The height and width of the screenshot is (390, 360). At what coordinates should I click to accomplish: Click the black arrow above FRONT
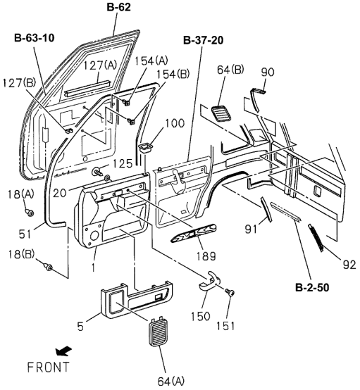[x=44, y=349]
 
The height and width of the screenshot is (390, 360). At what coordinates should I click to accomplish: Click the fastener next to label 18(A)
[x=28, y=212]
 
